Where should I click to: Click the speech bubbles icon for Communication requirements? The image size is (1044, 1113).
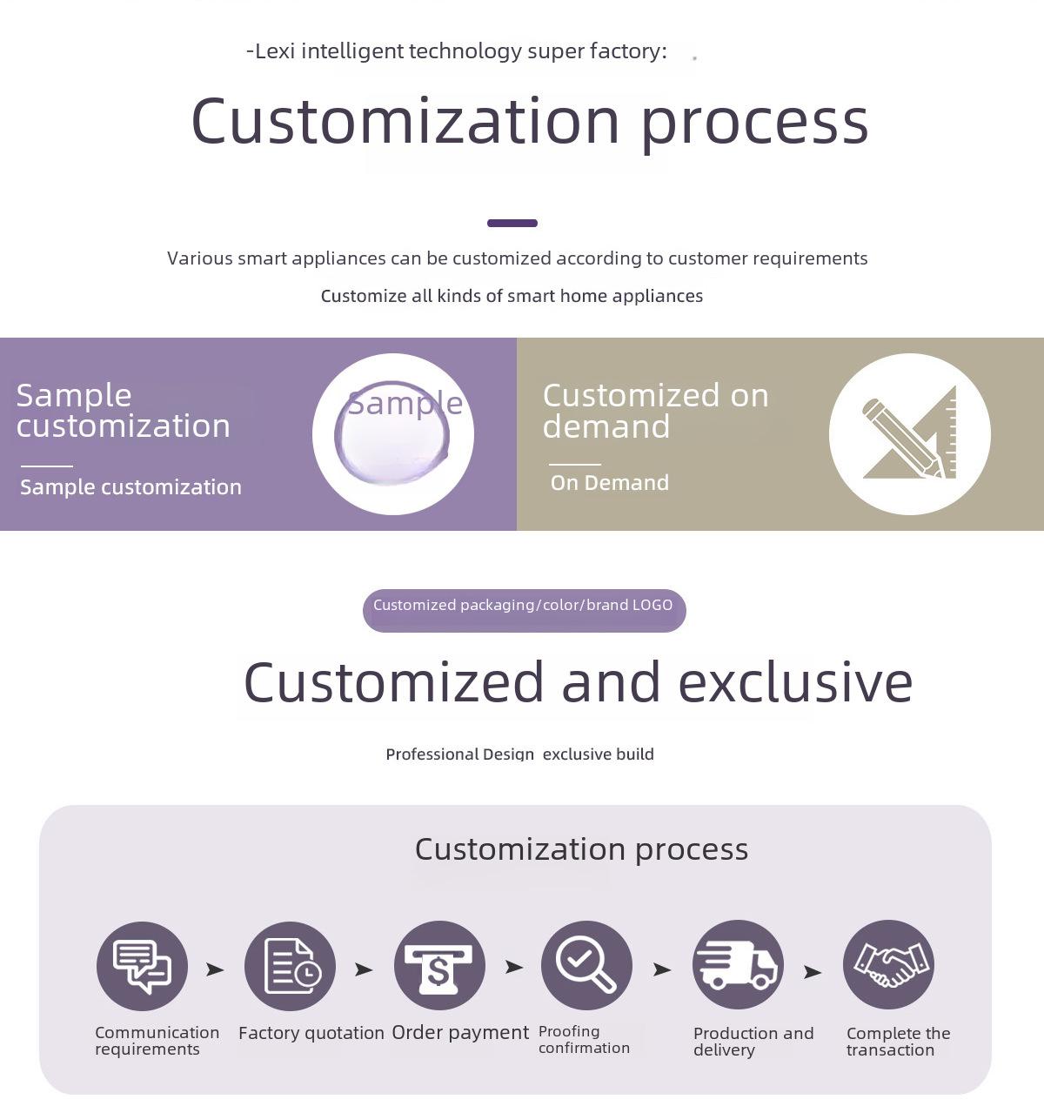click(x=142, y=966)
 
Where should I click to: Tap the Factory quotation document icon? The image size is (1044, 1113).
click(x=291, y=966)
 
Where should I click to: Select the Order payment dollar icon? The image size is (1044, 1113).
click(x=439, y=965)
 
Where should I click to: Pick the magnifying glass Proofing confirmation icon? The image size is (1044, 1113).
click(x=586, y=965)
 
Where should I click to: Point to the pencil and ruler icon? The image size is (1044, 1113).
click(x=909, y=433)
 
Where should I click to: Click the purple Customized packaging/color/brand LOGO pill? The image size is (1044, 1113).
click(x=524, y=610)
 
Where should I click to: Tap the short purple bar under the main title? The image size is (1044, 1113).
click(x=512, y=223)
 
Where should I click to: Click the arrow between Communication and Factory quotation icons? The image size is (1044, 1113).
click(x=215, y=969)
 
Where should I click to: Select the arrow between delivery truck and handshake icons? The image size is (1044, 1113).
click(x=813, y=971)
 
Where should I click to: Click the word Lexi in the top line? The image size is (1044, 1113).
click(x=275, y=51)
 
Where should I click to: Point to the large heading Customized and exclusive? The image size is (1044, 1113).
click(x=578, y=682)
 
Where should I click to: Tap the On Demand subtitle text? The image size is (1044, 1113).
click(x=610, y=482)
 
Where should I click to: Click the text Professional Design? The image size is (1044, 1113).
click(x=459, y=754)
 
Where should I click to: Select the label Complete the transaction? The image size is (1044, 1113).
click(x=899, y=1042)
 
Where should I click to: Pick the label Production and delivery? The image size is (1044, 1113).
click(x=753, y=1042)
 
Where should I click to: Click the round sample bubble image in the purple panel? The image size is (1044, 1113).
click(x=392, y=432)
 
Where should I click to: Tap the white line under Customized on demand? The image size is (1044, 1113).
click(x=574, y=464)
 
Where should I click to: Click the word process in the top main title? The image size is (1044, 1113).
click(x=754, y=123)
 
